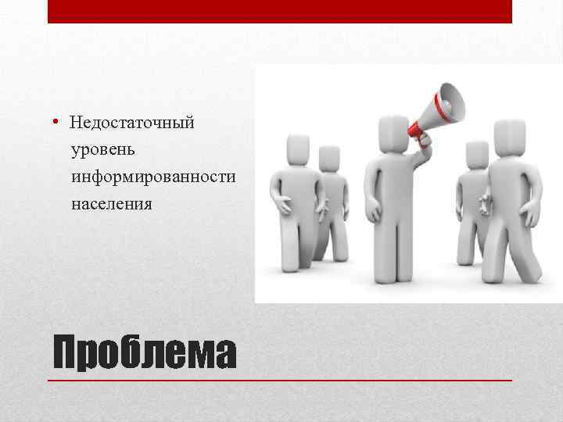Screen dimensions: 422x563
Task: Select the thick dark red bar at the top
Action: click(280, 11)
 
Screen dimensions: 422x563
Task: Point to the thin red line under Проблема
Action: click(280, 380)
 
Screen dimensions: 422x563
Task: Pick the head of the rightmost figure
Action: click(509, 138)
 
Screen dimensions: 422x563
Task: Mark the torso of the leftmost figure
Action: click(298, 195)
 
